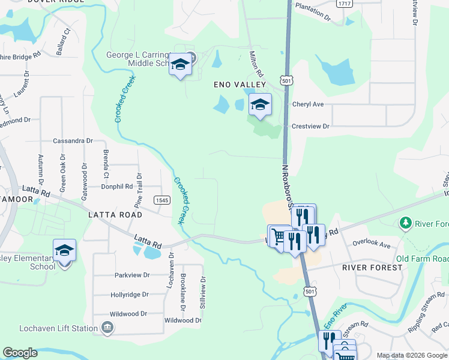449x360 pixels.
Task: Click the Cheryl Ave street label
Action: coord(308,104)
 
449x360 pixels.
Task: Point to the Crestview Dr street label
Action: coord(311,127)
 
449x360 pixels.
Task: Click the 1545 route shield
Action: coord(161,200)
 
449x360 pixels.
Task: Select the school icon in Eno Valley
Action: coord(260,104)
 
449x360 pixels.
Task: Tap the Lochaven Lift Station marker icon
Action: coord(107,328)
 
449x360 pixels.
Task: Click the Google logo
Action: coord(20,353)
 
